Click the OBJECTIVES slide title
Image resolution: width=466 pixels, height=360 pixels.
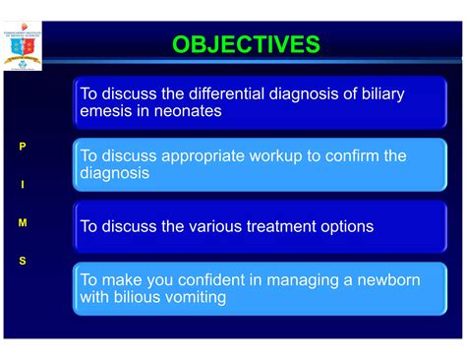(246, 44)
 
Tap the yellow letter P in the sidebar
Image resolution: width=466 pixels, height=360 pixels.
(23, 147)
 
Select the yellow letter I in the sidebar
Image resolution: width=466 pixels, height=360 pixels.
(23, 185)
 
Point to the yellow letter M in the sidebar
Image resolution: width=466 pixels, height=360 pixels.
(23, 223)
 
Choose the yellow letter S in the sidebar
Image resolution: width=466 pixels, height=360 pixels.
(23, 261)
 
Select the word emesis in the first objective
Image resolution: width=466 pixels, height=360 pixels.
(109, 111)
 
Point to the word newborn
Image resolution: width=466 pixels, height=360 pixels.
(386, 280)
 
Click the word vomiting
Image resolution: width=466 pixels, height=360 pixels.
(202, 297)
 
